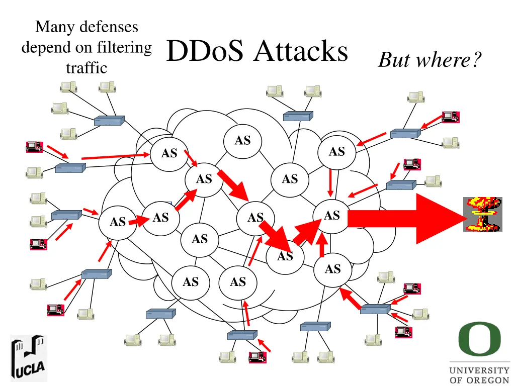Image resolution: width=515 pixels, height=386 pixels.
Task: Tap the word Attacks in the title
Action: [301, 51]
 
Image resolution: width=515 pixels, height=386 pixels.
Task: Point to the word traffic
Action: [87, 67]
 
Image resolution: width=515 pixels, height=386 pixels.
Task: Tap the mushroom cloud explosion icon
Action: [482, 215]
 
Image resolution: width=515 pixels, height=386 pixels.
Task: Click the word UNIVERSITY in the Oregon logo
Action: [479, 370]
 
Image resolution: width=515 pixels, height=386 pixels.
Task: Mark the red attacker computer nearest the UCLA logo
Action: [55, 309]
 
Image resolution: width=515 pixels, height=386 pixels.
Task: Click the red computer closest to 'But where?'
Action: [450, 117]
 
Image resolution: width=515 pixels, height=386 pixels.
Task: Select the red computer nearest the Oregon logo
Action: [403, 332]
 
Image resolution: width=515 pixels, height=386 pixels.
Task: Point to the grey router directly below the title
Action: [298, 116]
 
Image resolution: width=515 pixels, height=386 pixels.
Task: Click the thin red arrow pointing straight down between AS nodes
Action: [330, 182]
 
